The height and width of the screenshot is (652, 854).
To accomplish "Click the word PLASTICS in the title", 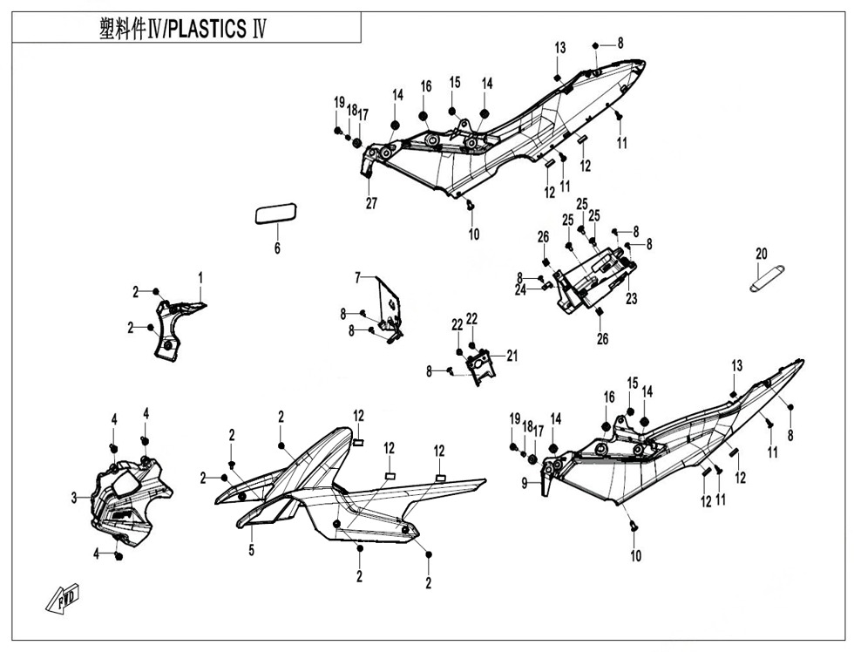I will tap(207, 29).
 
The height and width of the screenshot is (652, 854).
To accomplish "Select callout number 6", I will tap(278, 249).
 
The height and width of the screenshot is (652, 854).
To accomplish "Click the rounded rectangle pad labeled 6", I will tap(276, 214).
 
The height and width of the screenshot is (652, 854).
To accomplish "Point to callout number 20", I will tap(762, 254).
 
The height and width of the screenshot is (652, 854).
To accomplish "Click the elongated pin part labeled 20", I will tap(768, 277).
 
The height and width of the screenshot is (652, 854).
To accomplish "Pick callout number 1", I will tap(200, 277).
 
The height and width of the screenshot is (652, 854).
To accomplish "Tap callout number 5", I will tap(251, 550).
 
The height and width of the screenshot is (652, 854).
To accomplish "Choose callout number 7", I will tap(357, 277).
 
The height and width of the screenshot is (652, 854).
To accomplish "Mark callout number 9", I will tap(525, 482).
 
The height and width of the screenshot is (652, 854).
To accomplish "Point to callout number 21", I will tap(512, 355).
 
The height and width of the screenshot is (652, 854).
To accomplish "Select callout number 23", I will tap(631, 298).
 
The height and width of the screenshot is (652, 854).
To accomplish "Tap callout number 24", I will tap(520, 290).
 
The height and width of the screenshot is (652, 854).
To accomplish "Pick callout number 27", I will tap(372, 204).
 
